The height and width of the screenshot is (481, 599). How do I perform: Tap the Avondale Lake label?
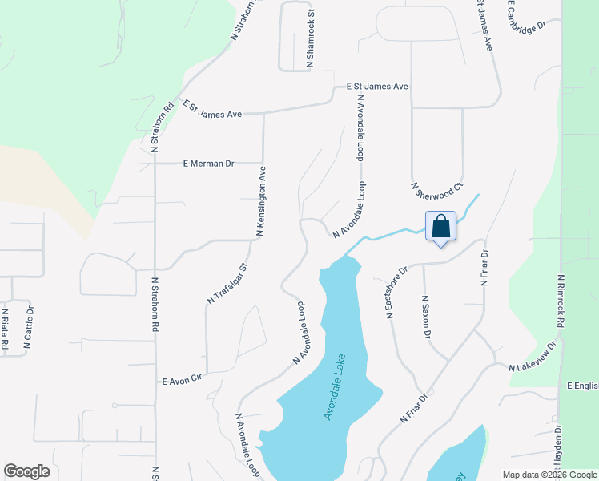335,387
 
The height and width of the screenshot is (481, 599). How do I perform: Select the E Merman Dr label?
208,164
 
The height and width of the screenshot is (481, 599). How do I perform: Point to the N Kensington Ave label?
261,200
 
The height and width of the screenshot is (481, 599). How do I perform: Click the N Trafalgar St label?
228,283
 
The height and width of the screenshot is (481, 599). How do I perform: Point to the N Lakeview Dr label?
533,358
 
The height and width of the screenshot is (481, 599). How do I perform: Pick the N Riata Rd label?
5,329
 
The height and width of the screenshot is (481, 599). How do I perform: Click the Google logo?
26,471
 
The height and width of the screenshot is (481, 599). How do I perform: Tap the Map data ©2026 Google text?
549,474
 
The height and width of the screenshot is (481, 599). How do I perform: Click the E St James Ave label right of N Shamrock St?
377,86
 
